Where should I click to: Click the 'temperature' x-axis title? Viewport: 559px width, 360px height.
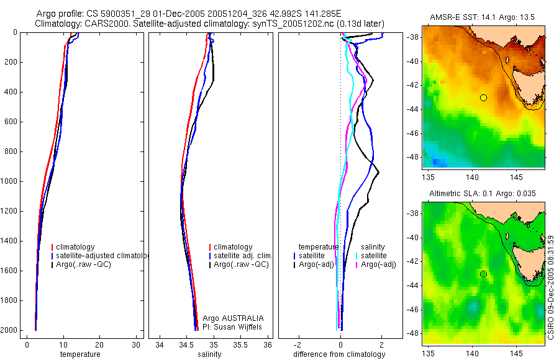point(80,354)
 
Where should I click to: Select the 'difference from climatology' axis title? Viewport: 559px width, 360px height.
point(339,354)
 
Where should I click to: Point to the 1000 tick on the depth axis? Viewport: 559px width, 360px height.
point(10,181)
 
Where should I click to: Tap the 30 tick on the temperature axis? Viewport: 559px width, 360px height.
point(136,345)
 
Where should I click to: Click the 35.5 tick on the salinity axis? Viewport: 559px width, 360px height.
point(240,345)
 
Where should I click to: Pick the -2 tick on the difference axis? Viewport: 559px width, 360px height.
point(299,345)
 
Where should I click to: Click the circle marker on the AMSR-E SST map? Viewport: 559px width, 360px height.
point(483,97)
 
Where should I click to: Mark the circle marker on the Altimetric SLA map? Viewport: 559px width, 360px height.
point(483,274)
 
